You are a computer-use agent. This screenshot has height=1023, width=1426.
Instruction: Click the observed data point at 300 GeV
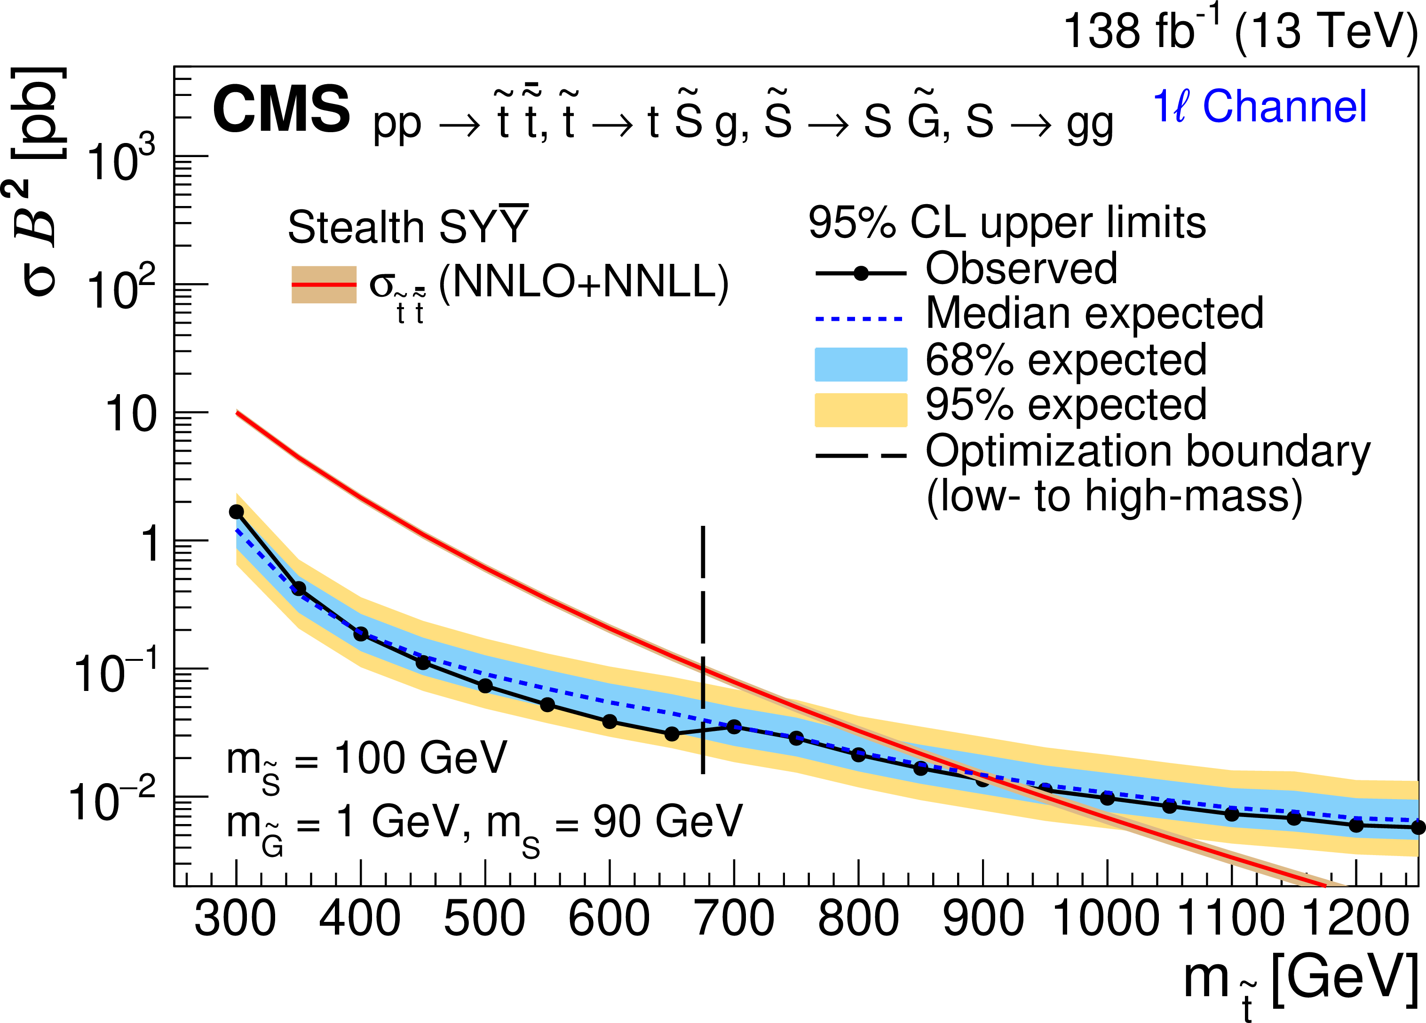(x=237, y=512)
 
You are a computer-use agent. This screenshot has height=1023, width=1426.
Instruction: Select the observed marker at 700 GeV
(x=734, y=727)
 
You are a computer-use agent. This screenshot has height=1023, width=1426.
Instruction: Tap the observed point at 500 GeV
(x=485, y=685)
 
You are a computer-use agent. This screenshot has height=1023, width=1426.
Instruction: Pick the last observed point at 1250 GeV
(x=1418, y=827)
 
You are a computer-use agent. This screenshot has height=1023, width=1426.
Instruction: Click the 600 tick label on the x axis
(x=609, y=919)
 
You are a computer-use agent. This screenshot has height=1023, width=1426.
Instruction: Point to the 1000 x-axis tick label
(x=1106, y=919)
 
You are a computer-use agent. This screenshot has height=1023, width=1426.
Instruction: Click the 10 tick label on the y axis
(x=130, y=414)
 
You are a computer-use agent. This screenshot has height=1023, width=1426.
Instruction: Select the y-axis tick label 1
(x=151, y=543)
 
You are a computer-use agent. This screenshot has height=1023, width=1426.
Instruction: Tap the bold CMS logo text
(x=281, y=110)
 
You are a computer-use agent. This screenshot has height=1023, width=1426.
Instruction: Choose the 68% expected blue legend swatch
(x=860, y=364)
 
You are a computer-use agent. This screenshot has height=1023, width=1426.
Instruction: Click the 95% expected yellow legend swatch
(x=860, y=410)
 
